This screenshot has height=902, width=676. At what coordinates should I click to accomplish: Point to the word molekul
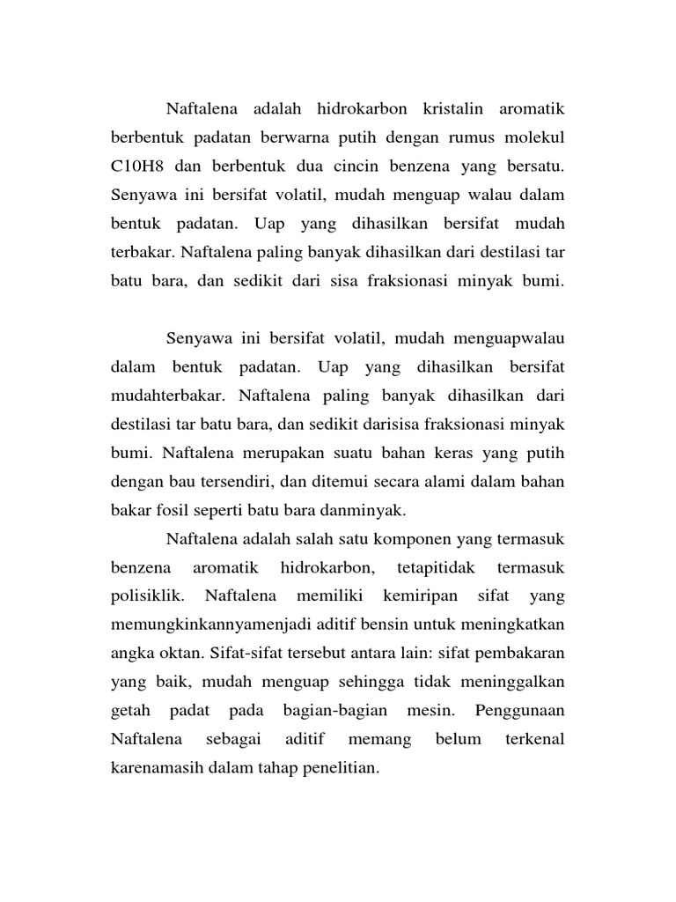pyautogui.click(x=533, y=137)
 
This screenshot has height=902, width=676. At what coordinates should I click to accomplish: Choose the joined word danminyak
pyautogui.click(x=363, y=510)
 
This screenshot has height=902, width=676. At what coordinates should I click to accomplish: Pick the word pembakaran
pyautogui.click(x=518, y=654)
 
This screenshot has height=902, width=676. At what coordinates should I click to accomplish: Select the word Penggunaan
pyautogui.click(x=518, y=711)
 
